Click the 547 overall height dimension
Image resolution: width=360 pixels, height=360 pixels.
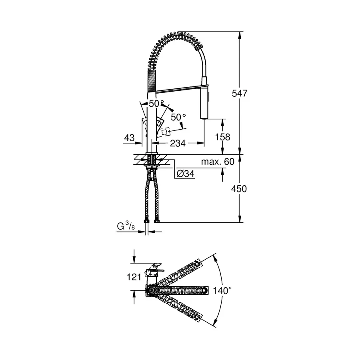[x=240, y=93]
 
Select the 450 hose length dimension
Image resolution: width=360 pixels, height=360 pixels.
[x=239, y=188]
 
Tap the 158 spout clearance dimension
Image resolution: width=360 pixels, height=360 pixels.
[x=223, y=137]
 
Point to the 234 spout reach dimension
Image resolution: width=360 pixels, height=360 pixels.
[x=178, y=143]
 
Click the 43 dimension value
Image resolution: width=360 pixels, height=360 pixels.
[x=129, y=138]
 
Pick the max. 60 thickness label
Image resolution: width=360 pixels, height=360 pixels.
[x=218, y=161]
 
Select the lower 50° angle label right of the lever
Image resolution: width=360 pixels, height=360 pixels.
[x=178, y=117]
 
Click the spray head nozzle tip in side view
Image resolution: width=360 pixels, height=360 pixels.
[x=204, y=116]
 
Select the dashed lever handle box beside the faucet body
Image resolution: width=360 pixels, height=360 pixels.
[x=165, y=131]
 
